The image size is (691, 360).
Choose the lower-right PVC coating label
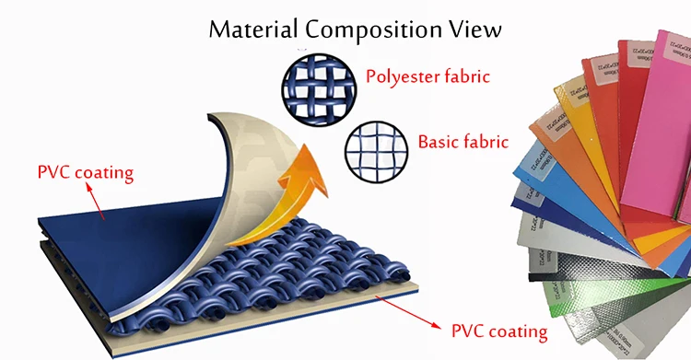[498, 329]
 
